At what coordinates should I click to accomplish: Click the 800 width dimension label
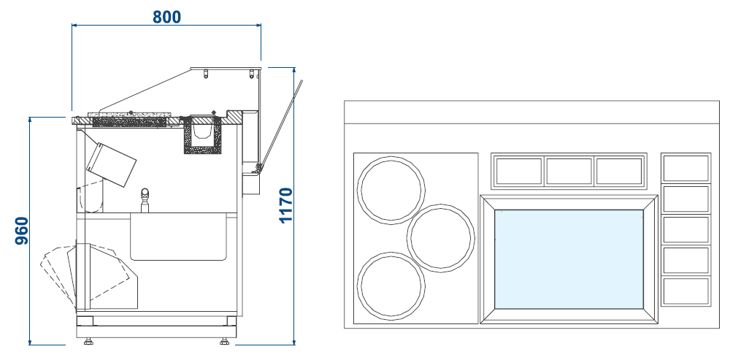pyautogui.click(x=166, y=16)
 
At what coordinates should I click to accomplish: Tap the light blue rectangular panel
pyautogui.click(x=569, y=259)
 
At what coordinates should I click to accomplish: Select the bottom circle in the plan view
pyautogui.click(x=391, y=285)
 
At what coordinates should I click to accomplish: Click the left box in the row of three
pyautogui.click(x=519, y=172)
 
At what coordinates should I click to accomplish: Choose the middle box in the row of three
pyautogui.click(x=569, y=172)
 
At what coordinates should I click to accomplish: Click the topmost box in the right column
pyautogui.click(x=685, y=168)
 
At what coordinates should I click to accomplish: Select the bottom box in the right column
pyautogui.click(x=685, y=291)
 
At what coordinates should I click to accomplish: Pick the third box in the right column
pyautogui.click(x=685, y=229)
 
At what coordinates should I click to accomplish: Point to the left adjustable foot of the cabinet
pyautogui.click(x=89, y=340)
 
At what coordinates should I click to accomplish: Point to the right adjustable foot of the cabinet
pyautogui.click(x=223, y=340)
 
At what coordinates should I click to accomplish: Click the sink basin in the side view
pyautogui.click(x=182, y=236)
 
